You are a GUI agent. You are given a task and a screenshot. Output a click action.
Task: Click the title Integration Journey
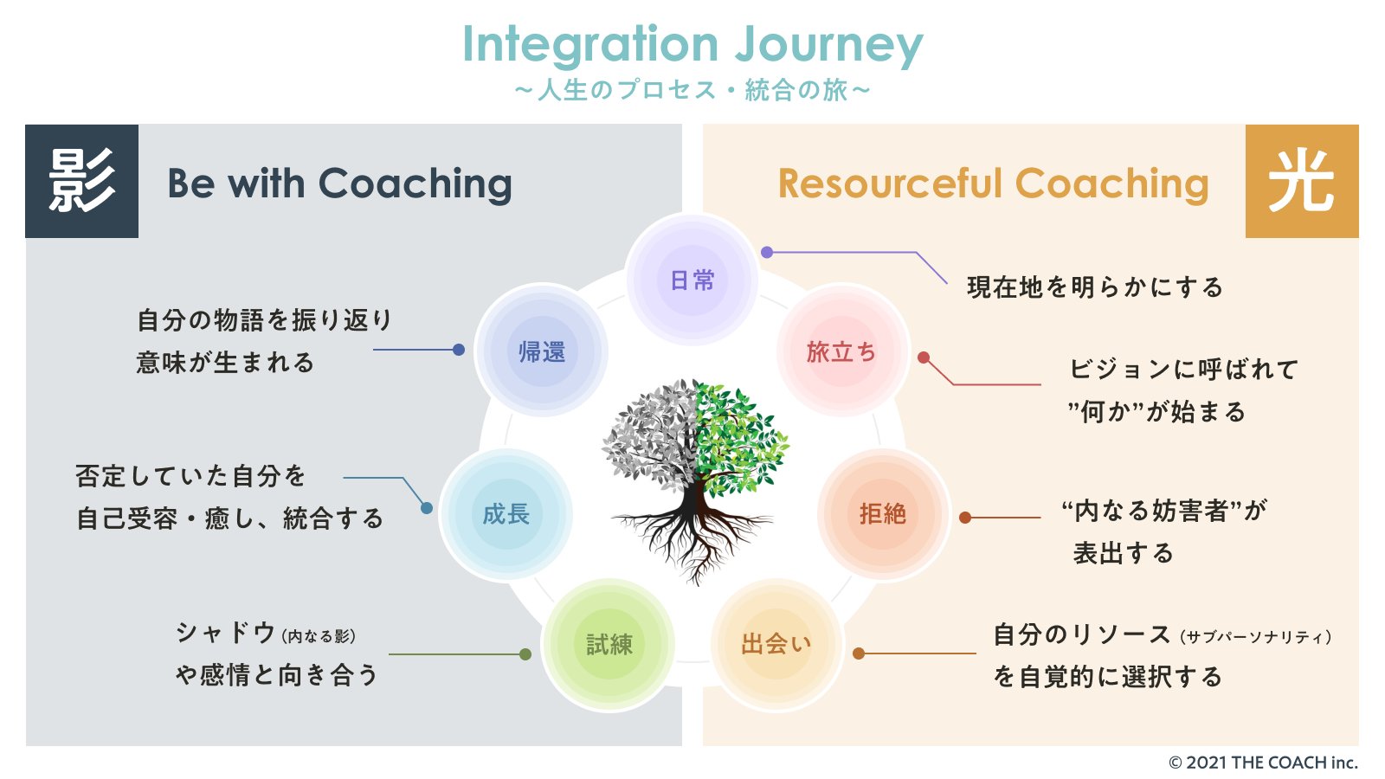coord(692,45)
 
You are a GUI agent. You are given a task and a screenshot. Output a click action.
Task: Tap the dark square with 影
coord(81,181)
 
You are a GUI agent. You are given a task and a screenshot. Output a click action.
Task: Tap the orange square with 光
coord(1301,181)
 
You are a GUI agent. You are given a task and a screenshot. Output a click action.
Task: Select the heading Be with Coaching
coord(339,183)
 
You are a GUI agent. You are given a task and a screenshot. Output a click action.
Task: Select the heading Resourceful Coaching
coord(993,183)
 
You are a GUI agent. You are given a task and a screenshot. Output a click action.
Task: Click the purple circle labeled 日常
coord(692,280)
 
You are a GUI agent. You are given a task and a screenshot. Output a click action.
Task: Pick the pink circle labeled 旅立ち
coord(841,352)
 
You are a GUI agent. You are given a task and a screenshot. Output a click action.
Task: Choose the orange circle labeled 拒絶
coord(882,514)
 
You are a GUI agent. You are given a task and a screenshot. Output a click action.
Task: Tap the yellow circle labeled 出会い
coord(776,644)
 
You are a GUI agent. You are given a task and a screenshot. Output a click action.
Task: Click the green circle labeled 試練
coord(609,644)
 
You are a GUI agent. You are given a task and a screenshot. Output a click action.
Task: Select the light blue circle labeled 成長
coord(506,514)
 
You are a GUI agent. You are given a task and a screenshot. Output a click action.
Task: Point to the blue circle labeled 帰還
coord(542,351)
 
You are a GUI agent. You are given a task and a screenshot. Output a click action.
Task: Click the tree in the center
coord(693,476)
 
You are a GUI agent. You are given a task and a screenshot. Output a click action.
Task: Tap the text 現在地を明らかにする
coord(1095,287)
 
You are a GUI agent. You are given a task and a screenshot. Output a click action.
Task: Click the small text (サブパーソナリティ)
coord(1255,637)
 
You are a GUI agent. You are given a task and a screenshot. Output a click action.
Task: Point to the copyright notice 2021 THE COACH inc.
coord(1263,763)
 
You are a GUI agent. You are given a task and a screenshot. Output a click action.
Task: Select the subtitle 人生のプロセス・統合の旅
coord(692,90)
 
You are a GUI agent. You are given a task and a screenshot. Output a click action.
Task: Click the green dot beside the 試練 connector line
coord(525,654)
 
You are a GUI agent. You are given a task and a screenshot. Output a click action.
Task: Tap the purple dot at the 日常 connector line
coord(767,252)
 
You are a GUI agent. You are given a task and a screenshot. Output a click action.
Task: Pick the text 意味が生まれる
coord(225,363)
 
